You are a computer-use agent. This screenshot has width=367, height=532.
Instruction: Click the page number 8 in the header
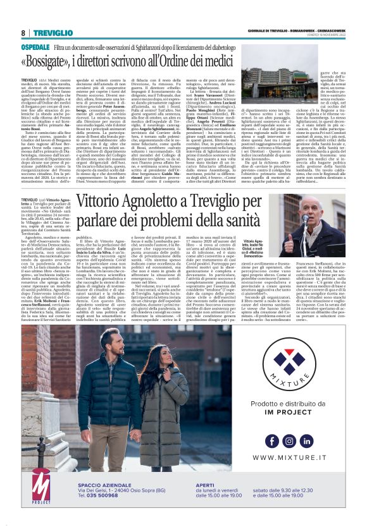click(x=23, y=32)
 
